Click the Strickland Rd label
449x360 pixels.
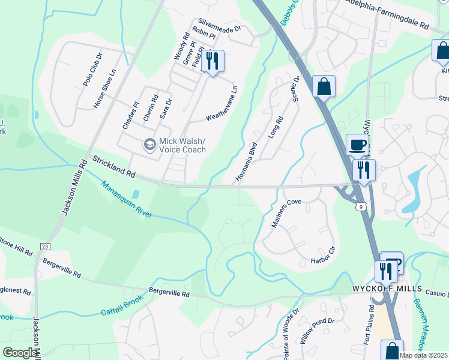113,167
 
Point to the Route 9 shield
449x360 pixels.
360,206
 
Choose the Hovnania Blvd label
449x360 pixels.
246,162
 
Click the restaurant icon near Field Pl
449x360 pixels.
212,61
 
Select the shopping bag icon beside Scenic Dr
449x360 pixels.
324,86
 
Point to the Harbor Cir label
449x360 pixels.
322,256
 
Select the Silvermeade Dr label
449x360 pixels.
217,28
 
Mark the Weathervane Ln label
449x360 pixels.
222,103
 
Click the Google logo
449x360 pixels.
20,353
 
